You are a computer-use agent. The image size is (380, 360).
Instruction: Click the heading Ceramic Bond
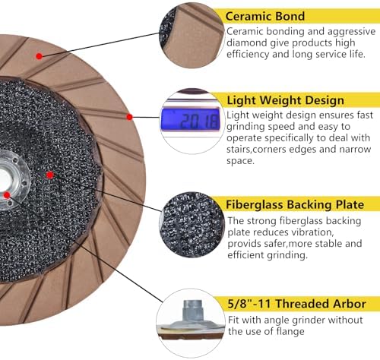[265, 17]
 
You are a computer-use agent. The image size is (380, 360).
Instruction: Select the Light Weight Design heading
[285, 100]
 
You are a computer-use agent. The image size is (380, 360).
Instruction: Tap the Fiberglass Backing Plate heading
[295, 204]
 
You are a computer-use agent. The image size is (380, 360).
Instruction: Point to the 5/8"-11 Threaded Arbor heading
[296, 304]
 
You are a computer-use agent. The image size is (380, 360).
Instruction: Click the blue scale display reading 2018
[190, 119]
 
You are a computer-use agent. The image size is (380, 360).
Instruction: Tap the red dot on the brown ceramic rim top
[39, 56]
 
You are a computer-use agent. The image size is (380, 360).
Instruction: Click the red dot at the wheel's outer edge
[129, 117]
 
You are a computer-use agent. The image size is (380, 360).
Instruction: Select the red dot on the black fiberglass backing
[50, 175]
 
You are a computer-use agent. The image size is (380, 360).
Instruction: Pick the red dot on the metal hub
[7, 195]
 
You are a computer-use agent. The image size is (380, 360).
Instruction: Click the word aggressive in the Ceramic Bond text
[351, 32]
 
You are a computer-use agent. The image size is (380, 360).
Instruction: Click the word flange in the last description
[290, 331]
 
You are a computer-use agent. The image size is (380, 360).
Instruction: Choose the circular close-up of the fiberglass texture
[192, 225]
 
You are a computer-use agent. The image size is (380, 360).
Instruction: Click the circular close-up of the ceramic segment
[192, 35]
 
